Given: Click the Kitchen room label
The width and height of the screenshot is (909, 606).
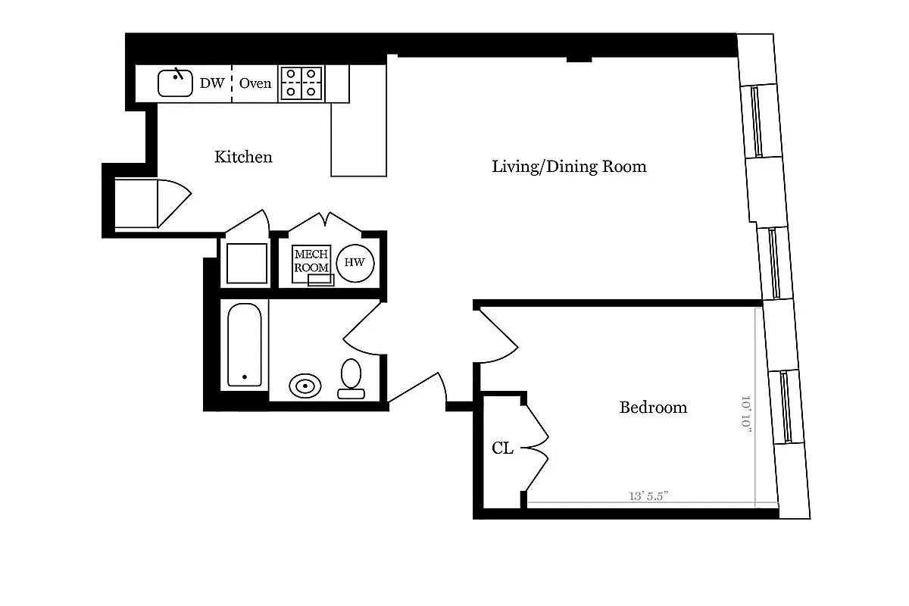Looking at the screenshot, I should point(243,158).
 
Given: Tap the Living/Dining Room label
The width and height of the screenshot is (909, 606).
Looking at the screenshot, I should point(569,167).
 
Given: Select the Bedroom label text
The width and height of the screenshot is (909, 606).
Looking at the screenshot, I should point(653,408).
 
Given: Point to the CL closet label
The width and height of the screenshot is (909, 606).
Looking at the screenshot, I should point(502,448).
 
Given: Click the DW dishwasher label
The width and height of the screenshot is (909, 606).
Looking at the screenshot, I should point(212,83).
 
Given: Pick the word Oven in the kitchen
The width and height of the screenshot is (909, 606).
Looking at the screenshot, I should point(255,83).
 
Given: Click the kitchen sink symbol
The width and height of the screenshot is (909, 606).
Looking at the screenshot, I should point(175,83).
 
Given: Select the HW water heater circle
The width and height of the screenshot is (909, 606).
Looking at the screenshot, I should point(355,263).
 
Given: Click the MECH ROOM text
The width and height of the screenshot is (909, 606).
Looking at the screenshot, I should point(311,261).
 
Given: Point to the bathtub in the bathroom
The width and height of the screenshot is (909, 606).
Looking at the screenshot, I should point(245,345).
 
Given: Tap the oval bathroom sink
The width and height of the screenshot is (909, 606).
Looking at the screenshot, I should point(305,386).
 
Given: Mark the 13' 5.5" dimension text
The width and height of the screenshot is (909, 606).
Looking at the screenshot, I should point(648,497).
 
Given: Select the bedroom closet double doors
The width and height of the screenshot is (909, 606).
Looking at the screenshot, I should point(537,447).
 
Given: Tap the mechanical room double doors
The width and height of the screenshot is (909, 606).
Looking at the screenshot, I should point(326,222).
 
